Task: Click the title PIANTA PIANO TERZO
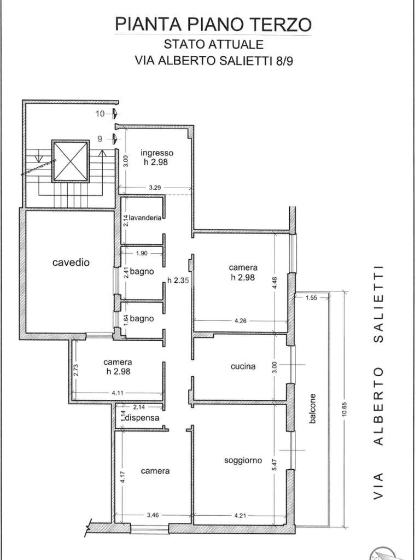point(213,24)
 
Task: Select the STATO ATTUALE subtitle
point(214,44)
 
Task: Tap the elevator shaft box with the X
point(70,161)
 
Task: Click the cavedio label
point(71,262)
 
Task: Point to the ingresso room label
point(157,153)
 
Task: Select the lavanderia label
point(145,218)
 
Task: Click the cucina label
point(243,366)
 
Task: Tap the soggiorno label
point(243,460)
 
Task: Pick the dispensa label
point(144,417)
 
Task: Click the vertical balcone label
point(312,409)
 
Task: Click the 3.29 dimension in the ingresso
point(155,188)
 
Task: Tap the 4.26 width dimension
point(241,320)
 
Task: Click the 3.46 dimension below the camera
point(153,515)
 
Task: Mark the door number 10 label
point(100,114)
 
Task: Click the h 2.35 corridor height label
point(178,281)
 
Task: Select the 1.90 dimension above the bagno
point(142,253)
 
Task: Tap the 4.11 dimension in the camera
point(118,393)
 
